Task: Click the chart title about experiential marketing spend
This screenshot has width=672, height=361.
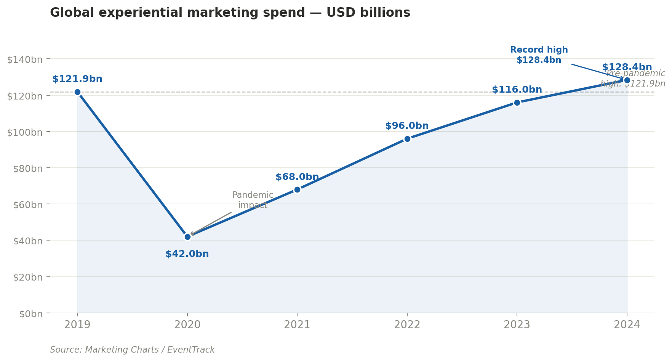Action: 230,13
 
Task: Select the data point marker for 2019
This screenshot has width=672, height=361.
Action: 77,92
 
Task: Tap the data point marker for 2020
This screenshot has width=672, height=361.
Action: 187,237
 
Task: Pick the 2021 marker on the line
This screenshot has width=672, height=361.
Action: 297,189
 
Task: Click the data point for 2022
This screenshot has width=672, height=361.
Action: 407,139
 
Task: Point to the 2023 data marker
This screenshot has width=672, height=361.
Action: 517,103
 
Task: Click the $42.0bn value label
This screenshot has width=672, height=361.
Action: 187,254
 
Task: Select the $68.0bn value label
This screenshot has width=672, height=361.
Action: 297,177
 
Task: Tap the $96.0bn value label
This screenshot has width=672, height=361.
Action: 407,126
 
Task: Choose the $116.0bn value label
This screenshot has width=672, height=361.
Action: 517,90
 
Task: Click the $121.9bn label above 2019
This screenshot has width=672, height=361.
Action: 77,79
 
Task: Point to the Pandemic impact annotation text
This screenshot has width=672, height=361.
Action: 253,200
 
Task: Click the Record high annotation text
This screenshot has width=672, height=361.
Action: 539,55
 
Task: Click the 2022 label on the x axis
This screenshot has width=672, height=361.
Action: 407,325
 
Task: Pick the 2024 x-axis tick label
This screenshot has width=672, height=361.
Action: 627,325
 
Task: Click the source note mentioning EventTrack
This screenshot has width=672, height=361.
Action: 132,350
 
